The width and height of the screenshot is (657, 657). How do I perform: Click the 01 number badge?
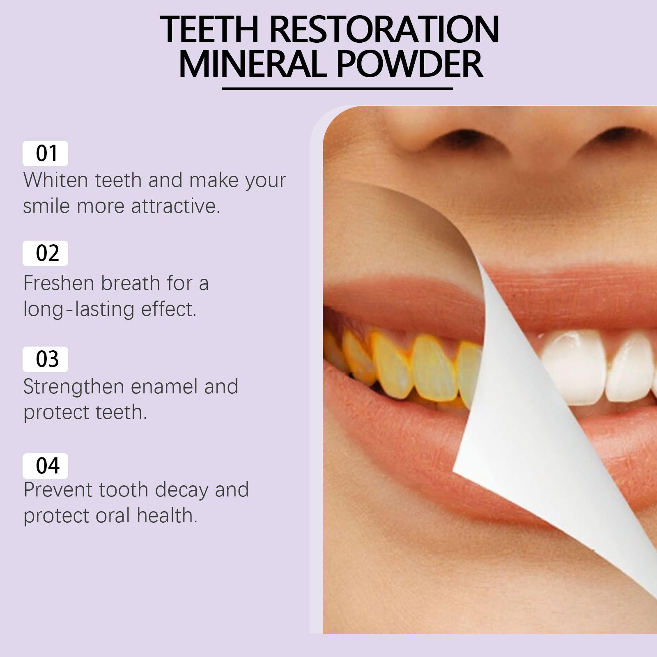tap(45, 154)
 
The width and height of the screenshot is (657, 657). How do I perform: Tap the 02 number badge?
tap(45, 253)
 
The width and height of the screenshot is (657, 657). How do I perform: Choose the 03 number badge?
tap(45, 359)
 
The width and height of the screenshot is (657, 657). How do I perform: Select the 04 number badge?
tap(45, 466)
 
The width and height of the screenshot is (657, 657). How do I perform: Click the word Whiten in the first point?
tap(56, 180)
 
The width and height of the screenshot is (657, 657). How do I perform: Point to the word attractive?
tap(175, 206)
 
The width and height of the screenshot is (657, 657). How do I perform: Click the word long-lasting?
tap(79, 309)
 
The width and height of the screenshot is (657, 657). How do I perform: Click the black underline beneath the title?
tap(337, 88)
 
